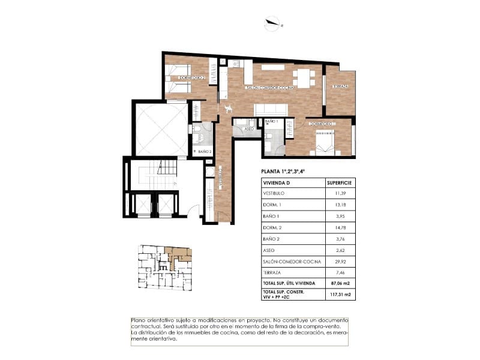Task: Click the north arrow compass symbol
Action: tap(273, 24)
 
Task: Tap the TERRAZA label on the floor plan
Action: tap(340, 86)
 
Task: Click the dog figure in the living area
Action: tap(228, 109)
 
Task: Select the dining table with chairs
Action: tap(304, 78)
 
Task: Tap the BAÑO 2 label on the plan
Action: tap(203, 152)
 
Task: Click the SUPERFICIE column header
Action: tap(339, 182)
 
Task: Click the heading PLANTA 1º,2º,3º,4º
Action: tap(283, 172)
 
